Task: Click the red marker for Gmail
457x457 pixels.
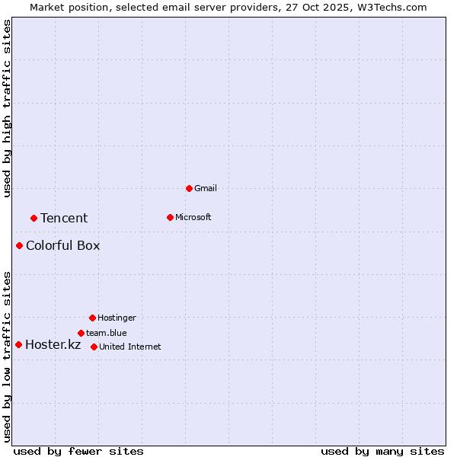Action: [189, 188]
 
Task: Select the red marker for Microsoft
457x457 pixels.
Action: [170, 217]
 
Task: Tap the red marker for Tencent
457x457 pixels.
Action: [34, 218]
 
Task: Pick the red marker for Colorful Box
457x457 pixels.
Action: [19, 245]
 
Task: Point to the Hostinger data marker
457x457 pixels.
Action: [92, 318]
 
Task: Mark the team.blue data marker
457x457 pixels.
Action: [81, 333]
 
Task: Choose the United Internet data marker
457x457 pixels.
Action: [94, 347]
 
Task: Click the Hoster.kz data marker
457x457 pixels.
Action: [18, 344]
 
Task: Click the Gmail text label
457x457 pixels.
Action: [206, 188]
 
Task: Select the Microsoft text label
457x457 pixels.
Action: [193, 217]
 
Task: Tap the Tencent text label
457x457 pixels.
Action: [64, 218]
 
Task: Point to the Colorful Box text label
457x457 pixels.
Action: [62, 245]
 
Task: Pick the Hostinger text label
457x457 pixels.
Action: [117, 318]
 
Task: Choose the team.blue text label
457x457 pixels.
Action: [106, 333]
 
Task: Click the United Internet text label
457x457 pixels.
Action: [129, 347]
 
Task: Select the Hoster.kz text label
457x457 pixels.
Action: [53, 344]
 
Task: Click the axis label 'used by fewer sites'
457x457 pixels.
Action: [78, 451]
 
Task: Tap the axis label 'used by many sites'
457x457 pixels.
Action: [382, 451]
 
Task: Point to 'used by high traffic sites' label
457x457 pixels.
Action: [7, 108]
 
